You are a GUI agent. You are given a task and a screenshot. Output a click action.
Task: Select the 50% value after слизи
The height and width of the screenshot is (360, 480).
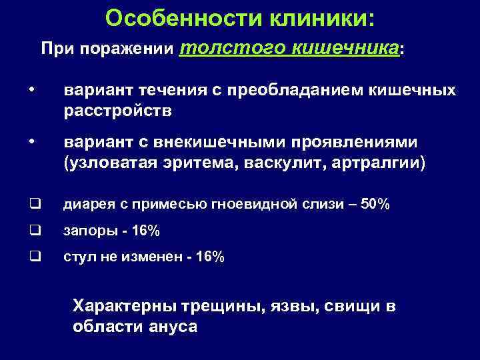click(x=373, y=205)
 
